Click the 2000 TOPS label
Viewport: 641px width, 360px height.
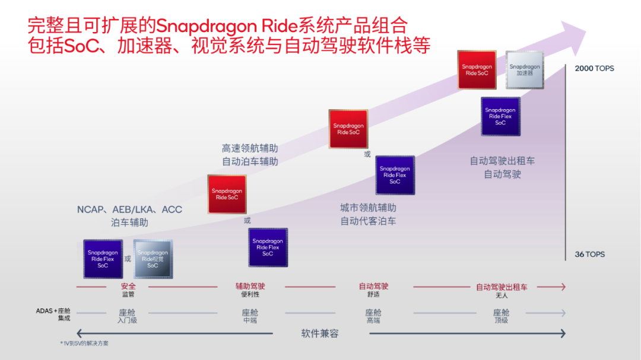pos(594,68)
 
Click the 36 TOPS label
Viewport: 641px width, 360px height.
pos(589,254)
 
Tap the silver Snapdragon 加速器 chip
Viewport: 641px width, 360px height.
pos(525,70)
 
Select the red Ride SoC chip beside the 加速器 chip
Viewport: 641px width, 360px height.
pos(477,70)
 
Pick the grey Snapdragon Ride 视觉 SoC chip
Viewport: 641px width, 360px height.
pos(153,259)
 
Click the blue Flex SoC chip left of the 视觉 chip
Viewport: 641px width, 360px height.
pos(103,259)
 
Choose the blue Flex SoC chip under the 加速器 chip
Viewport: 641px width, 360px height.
pos(500,116)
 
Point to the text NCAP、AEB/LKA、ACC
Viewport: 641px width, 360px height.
pos(129,209)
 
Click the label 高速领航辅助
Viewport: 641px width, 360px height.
pos(250,148)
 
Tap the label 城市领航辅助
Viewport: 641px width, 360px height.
pos(368,208)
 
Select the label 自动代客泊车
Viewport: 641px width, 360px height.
pos(368,221)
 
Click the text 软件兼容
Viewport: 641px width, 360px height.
pos(320,333)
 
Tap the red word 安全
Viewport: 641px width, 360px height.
pos(128,286)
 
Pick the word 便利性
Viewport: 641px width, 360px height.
pos(250,295)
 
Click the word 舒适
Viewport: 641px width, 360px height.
pos(373,295)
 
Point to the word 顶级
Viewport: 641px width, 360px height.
pos(502,320)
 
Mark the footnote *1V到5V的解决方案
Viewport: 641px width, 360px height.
pos(84,343)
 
